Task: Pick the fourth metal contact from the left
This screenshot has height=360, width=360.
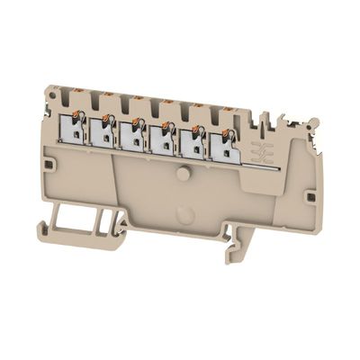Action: (162, 139)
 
